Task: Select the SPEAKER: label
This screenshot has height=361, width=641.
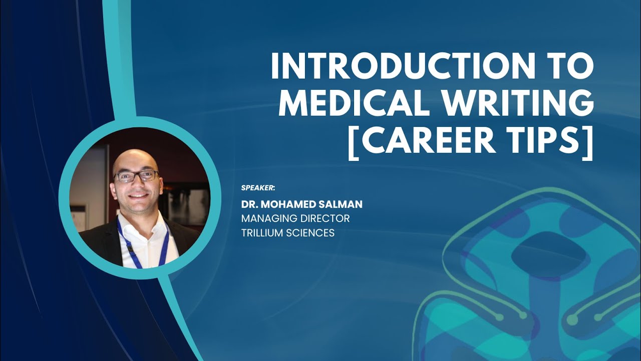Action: click(258, 188)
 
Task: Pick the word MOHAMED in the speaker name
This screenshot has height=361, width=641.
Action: click(288, 204)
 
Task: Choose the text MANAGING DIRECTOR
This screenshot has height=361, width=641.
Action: click(295, 219)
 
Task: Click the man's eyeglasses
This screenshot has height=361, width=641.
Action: click(136, 176)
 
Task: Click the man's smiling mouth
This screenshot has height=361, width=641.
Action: click(138, 195)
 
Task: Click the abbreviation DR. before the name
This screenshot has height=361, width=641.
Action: click(249, 204)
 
